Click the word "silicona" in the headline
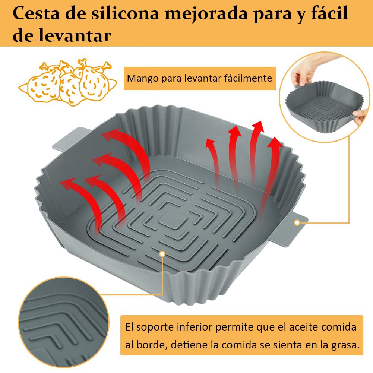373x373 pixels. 125,13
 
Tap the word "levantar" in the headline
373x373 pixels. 75,35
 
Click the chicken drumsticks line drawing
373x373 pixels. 67,82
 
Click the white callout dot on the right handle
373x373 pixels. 297,222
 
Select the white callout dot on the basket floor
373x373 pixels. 162,254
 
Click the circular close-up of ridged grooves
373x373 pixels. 63,322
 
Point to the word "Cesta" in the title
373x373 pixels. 36,13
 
